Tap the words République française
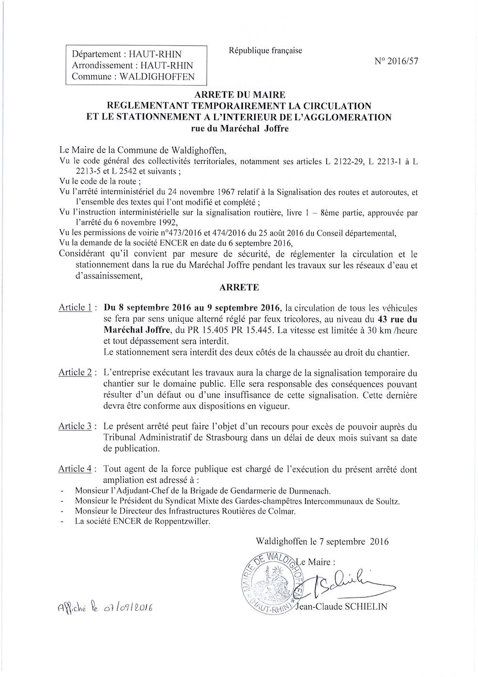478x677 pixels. point(265,51)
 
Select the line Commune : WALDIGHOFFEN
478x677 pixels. point(133,76)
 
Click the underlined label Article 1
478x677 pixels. point(75,307)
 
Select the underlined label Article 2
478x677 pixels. point(75,372)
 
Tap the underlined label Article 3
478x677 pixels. point(75,426)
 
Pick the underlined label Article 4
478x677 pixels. point(75,469)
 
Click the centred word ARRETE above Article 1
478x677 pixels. point(239,287)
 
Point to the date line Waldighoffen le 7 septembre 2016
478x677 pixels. point(322,542)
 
